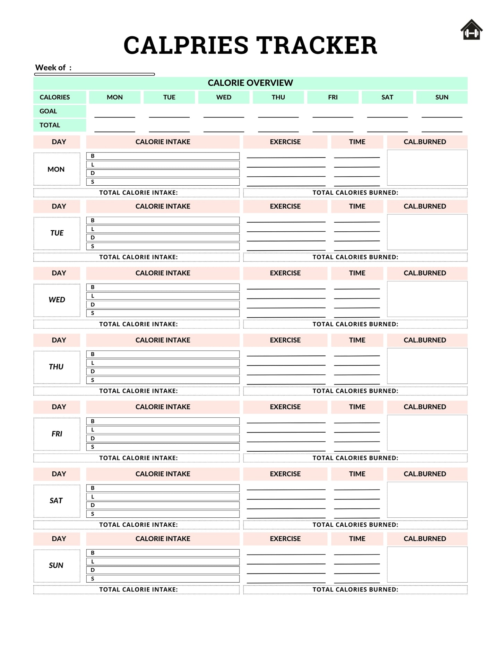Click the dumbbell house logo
click(x=472, y=30)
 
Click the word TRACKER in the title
click(x=317, y=45)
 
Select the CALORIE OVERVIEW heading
click(x=250, y=83)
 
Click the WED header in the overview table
click(x=224, y=97)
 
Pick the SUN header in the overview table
click(x=442, y=97)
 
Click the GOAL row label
click(x=48, y=111)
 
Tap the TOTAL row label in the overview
click(x=50, y=125)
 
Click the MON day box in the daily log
click(x=57, y=169)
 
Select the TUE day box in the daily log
click(x=57, y=233)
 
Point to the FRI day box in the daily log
click(x=57, y=434)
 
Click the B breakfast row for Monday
click(x=163, y=156)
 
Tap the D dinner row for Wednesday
click(x=163, y=305)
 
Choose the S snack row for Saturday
click(x=163, y=514)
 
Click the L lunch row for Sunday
click(x=163, y=561)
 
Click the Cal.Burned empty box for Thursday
click(x=427, y=366)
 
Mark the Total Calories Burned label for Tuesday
click(x=355, y=257)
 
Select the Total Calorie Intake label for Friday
click(x=138, y=458)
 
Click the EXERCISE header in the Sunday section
click(x=285, y=539)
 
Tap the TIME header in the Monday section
click(x=357, y=142)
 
